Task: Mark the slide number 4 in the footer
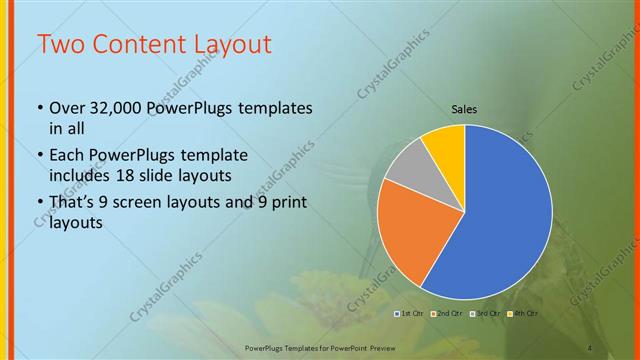click(590, 347)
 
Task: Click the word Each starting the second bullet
click(67, 155)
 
